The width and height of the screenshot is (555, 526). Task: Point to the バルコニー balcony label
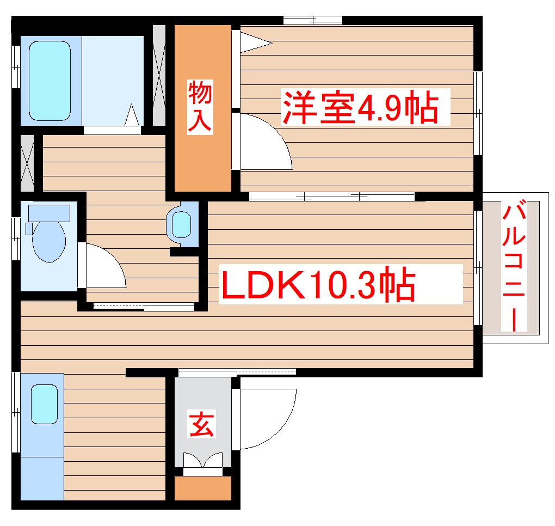515,266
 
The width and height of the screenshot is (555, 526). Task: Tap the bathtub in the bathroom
50,79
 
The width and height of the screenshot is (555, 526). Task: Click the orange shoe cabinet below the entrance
203,489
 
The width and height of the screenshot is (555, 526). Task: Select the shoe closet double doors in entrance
203,461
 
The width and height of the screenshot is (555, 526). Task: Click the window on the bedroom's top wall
312,21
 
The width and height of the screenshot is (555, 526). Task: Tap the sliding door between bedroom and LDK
331,195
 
